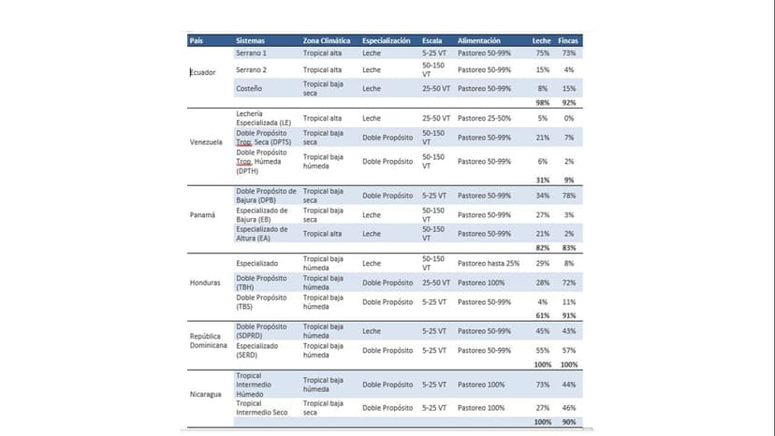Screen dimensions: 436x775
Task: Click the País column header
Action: click(197, 41)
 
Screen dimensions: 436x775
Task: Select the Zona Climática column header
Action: click(327, 41)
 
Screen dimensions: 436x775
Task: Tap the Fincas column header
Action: click(568, 41)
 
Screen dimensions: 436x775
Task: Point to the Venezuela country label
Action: click(206, 142)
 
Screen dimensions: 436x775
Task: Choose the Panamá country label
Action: click(201, 214)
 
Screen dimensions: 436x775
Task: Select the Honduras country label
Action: click(205, 282)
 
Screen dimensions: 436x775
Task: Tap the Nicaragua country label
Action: click(206, 394)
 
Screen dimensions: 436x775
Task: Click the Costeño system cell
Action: click(249, 88)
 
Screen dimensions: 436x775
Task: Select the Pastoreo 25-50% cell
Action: click(484, 119)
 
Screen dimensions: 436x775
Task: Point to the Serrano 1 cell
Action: click(251, 53)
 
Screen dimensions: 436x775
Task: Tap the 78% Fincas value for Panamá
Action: click(568, 196)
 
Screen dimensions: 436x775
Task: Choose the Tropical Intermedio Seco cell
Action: click(263, 408)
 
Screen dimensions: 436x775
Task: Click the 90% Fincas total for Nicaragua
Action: click(568, 423)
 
